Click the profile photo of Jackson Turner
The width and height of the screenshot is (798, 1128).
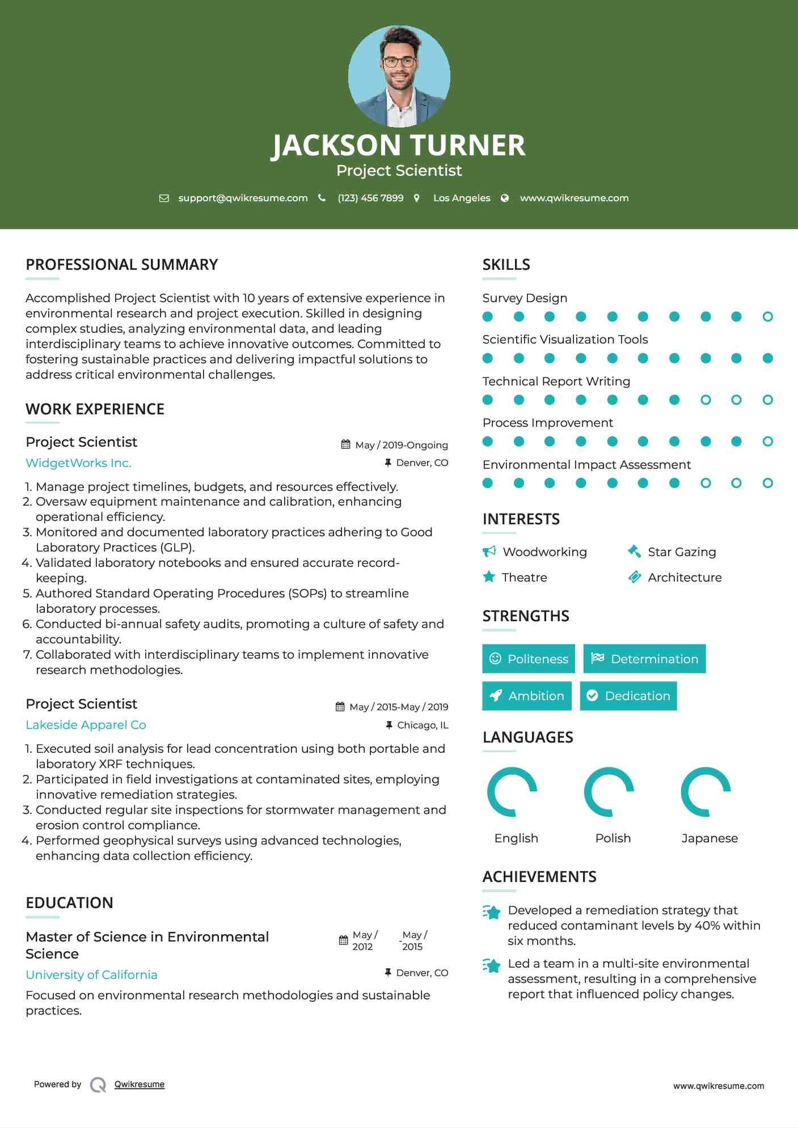point(399,76)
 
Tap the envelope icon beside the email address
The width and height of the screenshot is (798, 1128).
point(164,198)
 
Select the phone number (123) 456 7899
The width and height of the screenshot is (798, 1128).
point(370,198)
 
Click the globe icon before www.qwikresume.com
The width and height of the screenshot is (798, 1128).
point(505,198)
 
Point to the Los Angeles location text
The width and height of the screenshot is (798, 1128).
point(462,198)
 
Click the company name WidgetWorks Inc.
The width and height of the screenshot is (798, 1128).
point(78,463)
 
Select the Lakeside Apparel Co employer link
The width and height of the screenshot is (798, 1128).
point(86,725)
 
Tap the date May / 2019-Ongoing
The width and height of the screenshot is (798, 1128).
point(401,445)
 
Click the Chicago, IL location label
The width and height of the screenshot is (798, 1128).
point(423,725)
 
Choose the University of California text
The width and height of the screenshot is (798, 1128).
point(91,975)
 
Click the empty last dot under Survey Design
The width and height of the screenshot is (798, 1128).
point(767,317)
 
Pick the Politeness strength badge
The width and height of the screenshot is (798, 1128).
point(529,659)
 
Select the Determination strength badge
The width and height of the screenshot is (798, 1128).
point(644,659)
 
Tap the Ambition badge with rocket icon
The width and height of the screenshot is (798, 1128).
point(527,696)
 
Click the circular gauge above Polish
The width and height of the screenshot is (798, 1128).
point(609,792)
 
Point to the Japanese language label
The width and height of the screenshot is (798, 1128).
point(710,838)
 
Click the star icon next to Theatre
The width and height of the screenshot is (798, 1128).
point(489,577)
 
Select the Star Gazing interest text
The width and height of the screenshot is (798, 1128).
point(682,552)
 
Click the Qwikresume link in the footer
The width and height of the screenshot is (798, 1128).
point(140,1084)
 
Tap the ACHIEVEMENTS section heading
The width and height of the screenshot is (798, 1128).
point(539,877)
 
